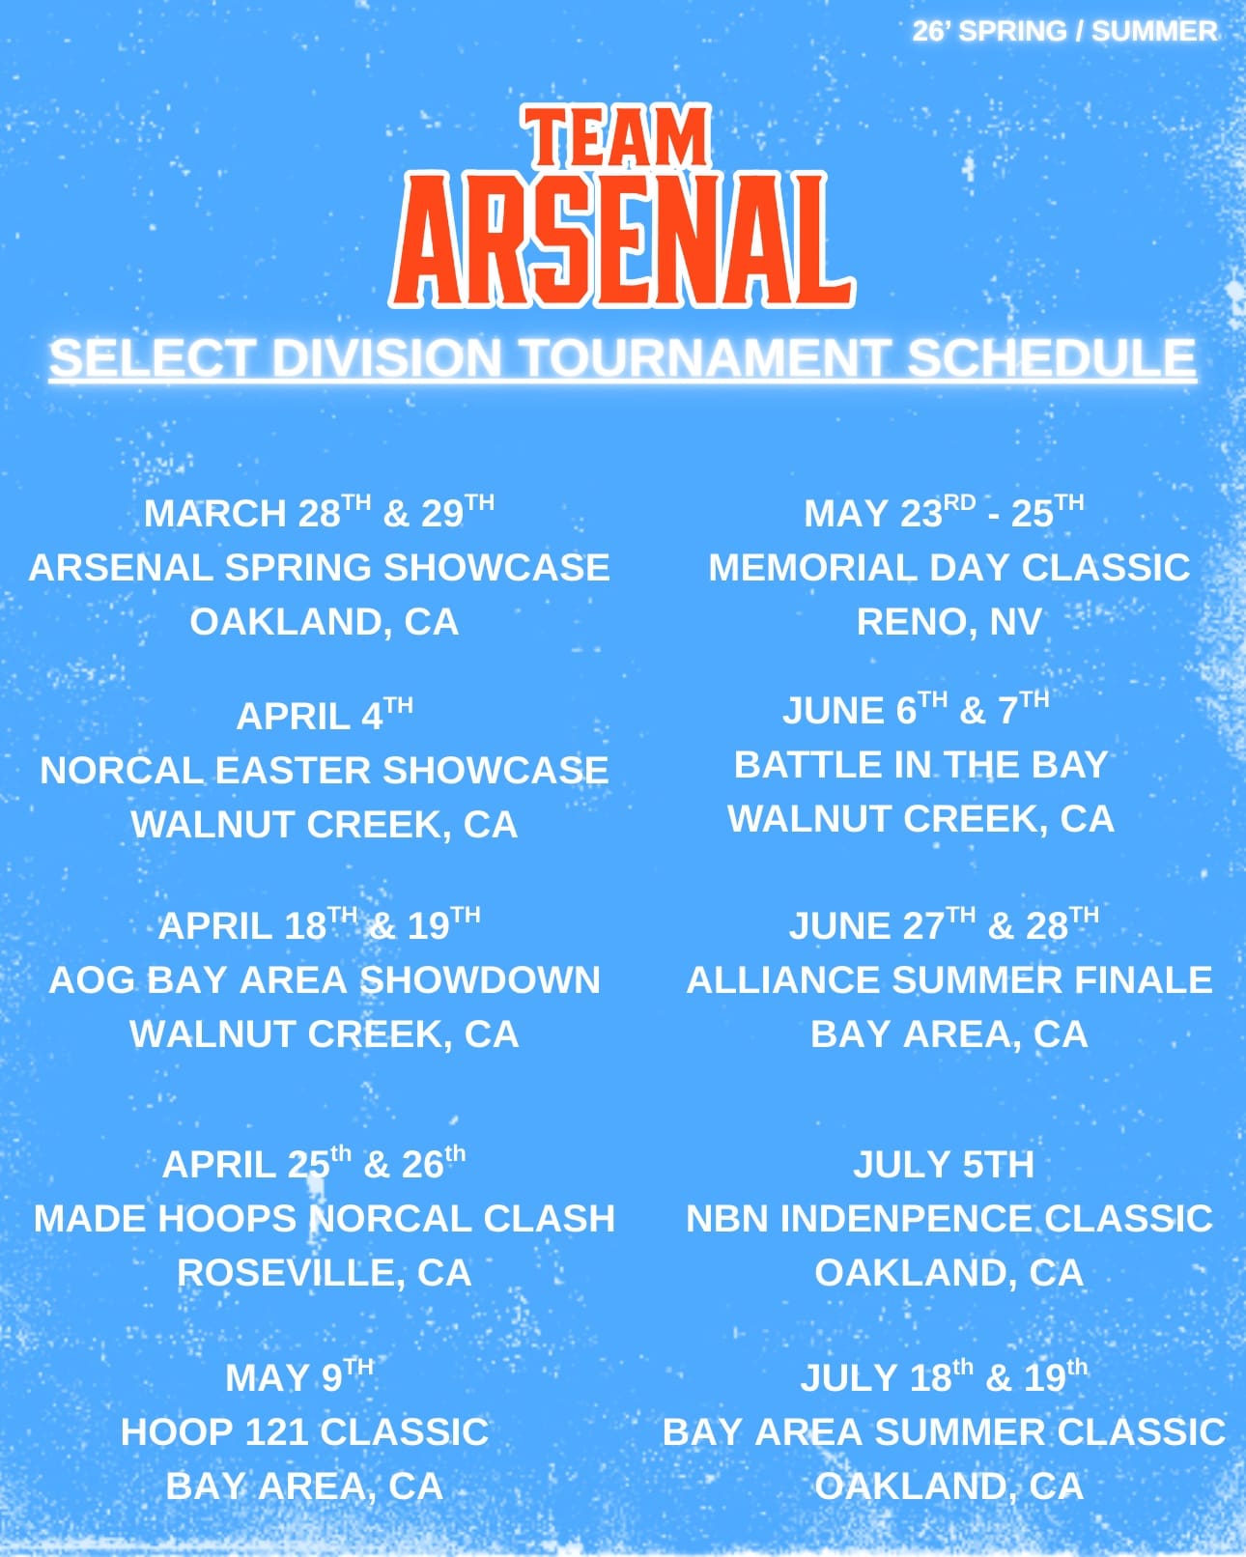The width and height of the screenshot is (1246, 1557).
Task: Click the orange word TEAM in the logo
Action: (617, 137)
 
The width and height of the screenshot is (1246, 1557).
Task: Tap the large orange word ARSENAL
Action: (622, 240)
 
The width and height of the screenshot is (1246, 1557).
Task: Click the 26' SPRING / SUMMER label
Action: (1064, 31)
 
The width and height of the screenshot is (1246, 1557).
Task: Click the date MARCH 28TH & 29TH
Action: (319, 512)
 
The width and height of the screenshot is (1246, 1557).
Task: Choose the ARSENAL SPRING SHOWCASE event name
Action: (319, 567)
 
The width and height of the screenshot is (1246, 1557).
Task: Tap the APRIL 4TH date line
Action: (325, 715)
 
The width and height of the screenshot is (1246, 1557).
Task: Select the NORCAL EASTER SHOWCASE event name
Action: (325, 770)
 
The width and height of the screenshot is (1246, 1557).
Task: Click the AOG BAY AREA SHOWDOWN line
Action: (325, 979)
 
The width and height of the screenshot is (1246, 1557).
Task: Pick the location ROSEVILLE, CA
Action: (325, 1273)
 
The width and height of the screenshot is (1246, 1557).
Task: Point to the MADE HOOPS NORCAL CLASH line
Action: (325, 1218)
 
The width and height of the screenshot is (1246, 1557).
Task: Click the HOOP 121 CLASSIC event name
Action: (304, 1431)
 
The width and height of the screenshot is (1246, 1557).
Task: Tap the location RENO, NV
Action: (949, 621)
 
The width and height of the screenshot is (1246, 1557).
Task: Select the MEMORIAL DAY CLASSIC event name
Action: (949, 567)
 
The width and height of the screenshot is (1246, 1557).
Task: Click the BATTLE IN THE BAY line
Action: (921, 765)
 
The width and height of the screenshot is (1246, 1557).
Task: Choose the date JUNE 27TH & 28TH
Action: (944, 924)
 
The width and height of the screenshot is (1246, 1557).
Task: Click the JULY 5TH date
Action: (944, 1164)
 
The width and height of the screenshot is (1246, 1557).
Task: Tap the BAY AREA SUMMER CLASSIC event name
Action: (945, 1431)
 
